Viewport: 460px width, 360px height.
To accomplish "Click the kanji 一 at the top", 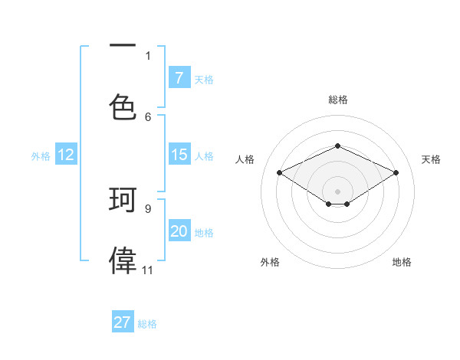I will coord(123,46).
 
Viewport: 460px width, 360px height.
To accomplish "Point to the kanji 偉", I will coord(123,260).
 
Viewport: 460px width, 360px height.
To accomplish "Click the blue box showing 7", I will coord(179,77).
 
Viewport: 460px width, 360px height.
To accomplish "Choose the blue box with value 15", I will coord(179,155).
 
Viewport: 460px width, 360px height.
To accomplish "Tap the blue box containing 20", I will coord(179,231).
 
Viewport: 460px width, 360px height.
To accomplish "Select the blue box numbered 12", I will coord(66,155).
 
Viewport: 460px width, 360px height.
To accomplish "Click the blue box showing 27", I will coord(123,322).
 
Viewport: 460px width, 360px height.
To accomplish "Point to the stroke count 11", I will coord(147,270).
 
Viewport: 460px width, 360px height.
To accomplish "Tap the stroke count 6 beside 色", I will coord(148,116).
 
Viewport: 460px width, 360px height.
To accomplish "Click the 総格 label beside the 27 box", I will coord(147,324).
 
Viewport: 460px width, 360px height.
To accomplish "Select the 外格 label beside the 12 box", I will coord(41,155).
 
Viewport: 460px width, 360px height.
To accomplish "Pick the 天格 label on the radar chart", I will coord(431,159).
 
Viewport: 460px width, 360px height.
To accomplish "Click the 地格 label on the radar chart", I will coord(402,262).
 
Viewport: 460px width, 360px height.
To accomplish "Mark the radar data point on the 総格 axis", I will coord(337,146).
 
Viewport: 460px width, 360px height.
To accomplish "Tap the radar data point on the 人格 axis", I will coord(279,172).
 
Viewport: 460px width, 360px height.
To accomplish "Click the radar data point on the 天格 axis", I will coord(396,172).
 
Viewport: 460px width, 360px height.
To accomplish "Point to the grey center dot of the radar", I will coord(337,191).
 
